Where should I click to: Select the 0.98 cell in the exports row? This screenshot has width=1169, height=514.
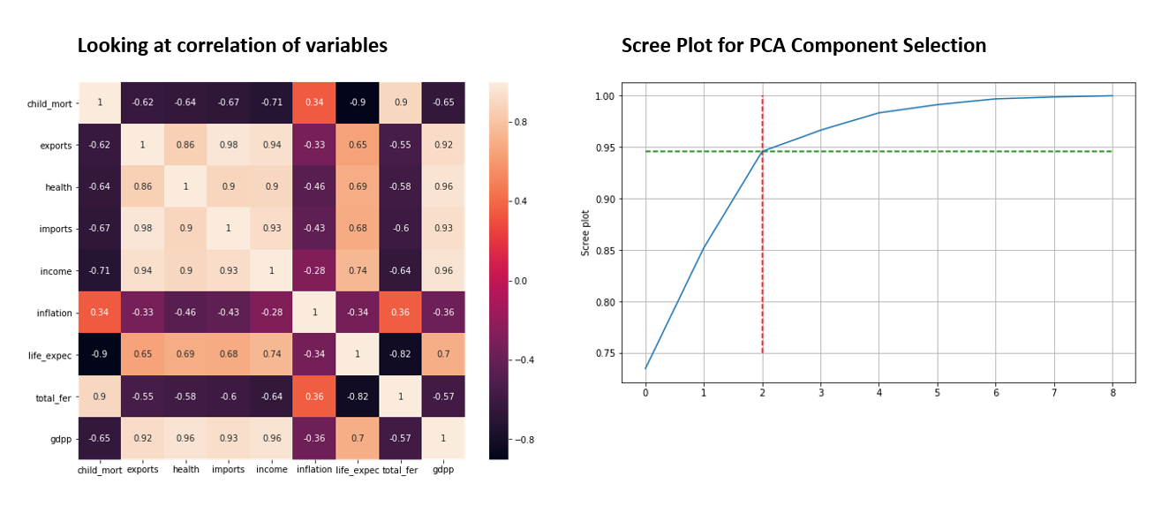[x=229, y=145]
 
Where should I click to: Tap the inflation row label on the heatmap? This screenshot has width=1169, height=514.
[x=54, y=313]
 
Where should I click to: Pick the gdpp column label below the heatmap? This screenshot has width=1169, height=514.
[x=443, y=470]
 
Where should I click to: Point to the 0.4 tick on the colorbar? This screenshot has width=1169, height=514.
[x=521, y=200]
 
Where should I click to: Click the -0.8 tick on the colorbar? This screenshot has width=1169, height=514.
[x=524, y=439]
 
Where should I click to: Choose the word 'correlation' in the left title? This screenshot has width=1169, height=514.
[x=237, y=46]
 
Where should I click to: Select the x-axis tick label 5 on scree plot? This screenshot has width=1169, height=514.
[x=937, y=392]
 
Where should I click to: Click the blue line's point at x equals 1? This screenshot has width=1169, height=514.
[x=704, y=246]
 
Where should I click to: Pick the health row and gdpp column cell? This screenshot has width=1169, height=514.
[x=443, y=186]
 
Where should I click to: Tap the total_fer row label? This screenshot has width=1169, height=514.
[x=54, y=397]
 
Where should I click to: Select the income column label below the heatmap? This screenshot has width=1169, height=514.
[x=272, y=470]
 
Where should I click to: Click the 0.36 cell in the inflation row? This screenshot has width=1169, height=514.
[x=400, y=313]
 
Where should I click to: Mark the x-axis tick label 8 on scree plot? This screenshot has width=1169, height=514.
[x=1112, y=392]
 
